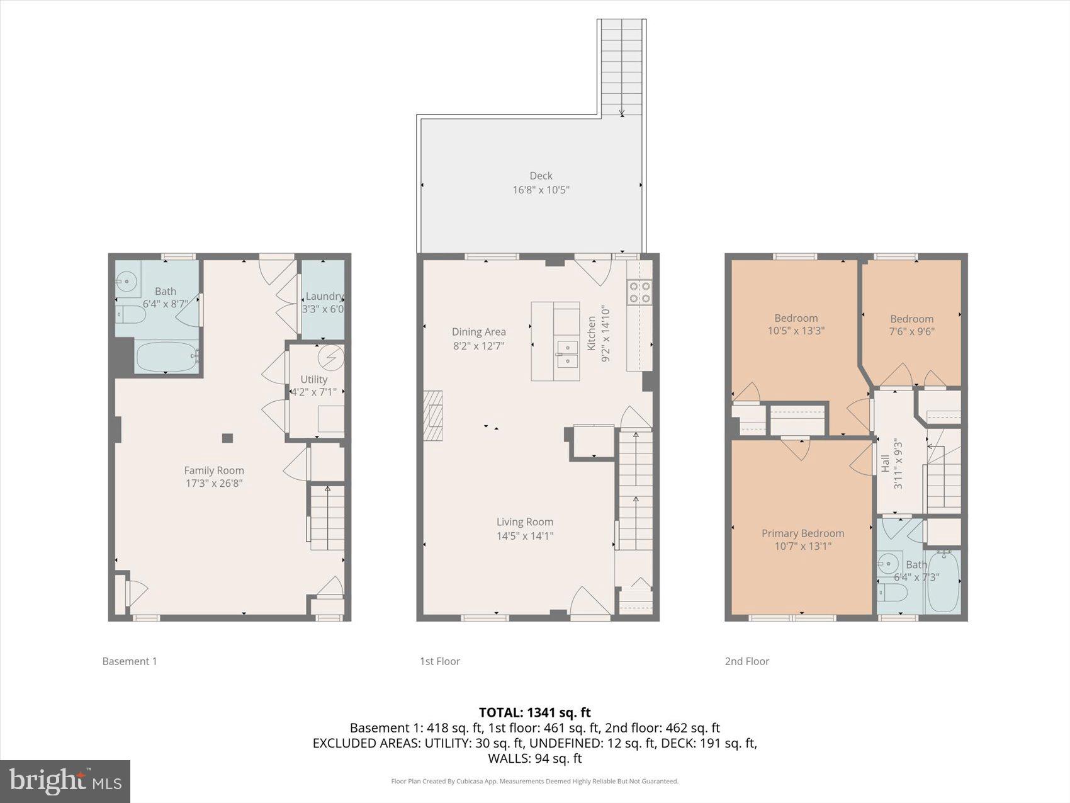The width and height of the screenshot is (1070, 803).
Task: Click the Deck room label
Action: coord(541,176)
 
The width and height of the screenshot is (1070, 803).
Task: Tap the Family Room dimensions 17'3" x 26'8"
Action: coord(214,484)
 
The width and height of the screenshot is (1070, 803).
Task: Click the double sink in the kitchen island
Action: coord(567,353)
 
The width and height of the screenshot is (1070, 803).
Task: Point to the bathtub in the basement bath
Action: coord(166,357)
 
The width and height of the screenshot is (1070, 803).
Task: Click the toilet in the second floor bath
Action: coord(893,593)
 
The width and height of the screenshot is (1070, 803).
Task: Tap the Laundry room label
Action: coord(324,296)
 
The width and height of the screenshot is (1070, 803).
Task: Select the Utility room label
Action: coord(313,379)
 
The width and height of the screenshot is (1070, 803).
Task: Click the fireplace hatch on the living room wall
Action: coord(432,416)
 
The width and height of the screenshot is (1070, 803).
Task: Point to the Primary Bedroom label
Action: coord(802,533)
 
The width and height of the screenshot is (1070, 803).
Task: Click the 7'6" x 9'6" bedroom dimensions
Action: coord(911,331)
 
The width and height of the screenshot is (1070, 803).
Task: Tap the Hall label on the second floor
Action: coord(885,464)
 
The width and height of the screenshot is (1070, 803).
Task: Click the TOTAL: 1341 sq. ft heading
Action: coord(534,712)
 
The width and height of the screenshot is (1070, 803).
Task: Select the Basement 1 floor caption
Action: coord(130,661)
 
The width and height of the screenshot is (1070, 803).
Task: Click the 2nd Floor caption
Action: coord(746,661)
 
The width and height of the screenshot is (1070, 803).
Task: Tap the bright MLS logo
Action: coord(65,781)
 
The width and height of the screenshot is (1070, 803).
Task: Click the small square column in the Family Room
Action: coord(227,438)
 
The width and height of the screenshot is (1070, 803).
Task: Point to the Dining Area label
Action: coord(478,332)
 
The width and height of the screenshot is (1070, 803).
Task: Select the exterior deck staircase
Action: coord(621,66)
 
